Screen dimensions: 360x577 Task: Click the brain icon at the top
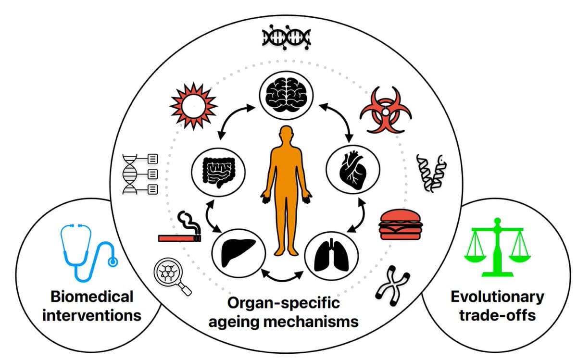pyautogui.click(x=286, y=91)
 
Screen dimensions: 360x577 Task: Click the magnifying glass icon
pyautogui.click(x=171, y=276)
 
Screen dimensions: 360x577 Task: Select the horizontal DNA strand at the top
pyautogui.click(x=286, y=37)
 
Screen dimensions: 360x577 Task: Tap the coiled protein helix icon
pyautogui.click(x=429, y=173)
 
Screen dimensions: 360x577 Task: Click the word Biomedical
pyautogui.click(x=91, y=297)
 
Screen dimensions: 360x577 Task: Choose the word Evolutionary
pyautogui.click(x=497, y=297)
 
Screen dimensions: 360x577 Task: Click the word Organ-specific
pyautogui.click(x=283, y=303)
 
